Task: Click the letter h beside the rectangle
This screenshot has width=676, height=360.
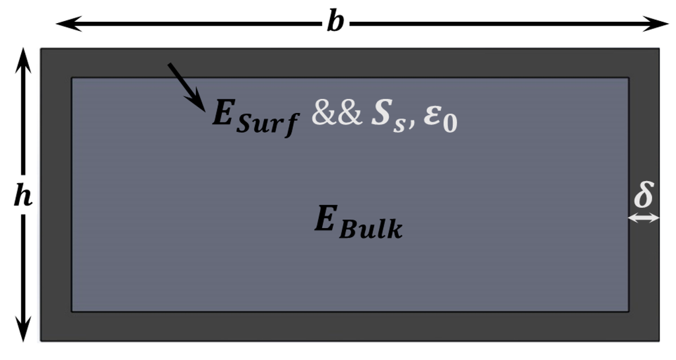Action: [x=23, y=196]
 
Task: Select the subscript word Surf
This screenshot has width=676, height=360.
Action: [x=268, y=124]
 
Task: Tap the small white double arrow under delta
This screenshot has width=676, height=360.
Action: [x=644, y=217]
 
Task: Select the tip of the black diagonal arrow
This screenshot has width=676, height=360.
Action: [x=203, y=107]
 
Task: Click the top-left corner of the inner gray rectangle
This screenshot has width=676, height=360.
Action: [x=72, y=78]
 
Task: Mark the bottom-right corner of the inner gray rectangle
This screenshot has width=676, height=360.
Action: [x=628, y=311]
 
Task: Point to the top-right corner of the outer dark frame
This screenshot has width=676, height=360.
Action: [x=659, y=49]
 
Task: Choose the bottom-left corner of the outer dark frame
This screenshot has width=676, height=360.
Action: [x=41, y=340]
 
